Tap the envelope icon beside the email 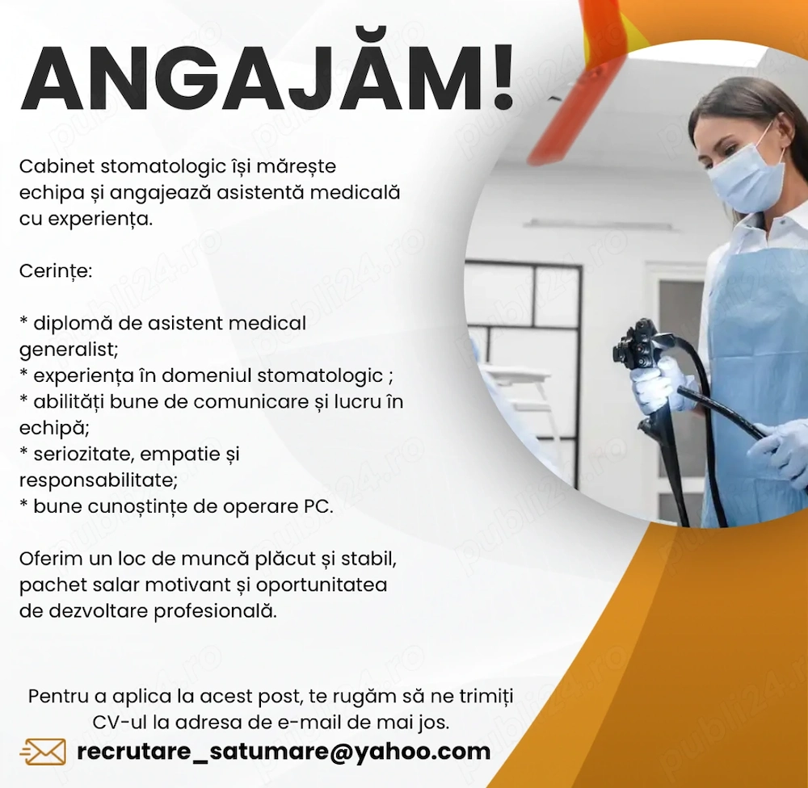pyautogui.click(x=44, y=752)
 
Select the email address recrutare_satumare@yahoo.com pyautogui.click(x=284, y=752)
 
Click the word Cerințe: pyautogui.click(x=56, y=271)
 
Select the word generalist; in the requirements pyautogui.click(x=69, y=350)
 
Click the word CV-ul pyautogui.click(x=120, y=722)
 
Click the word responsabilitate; pyautogui.click(x=99, y=481)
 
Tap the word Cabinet pyautogui.click(x=57, y=166)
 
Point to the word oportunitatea pyautogui.click(x=321, y=585)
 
